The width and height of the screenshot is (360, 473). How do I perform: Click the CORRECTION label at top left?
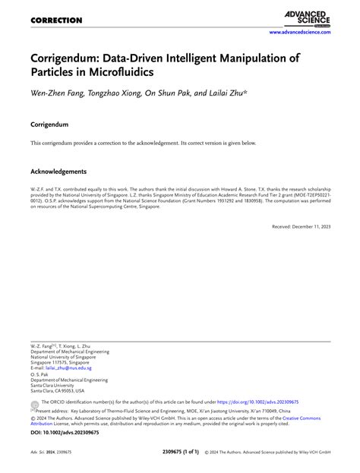[x=55, y=20]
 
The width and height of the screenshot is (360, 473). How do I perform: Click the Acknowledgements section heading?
[x=58, y=172]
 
